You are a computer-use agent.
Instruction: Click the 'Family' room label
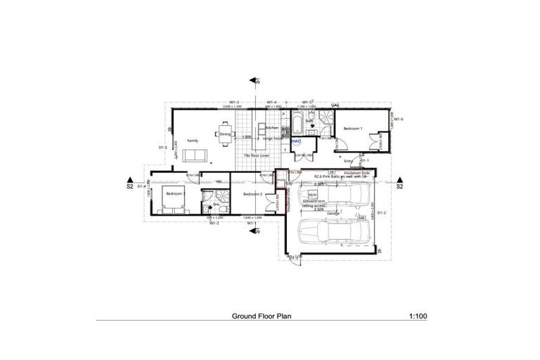coord(192,141)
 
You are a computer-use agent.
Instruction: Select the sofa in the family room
coord(192,155)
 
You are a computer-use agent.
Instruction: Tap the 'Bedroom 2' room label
coord(252,193)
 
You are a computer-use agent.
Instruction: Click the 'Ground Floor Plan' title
coord(262,316)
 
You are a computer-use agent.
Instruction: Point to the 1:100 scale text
coord(417,316)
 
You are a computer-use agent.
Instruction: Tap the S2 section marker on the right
coord(399,187)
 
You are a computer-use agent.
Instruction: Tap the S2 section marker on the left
coord(129,187)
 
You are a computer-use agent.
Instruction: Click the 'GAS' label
coord(335,105)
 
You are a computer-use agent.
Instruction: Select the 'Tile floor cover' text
coord(257,155)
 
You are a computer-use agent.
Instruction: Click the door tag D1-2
coord(382,212)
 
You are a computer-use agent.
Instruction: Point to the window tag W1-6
coord(397,120)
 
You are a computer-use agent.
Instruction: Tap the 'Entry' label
coord(347,161)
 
